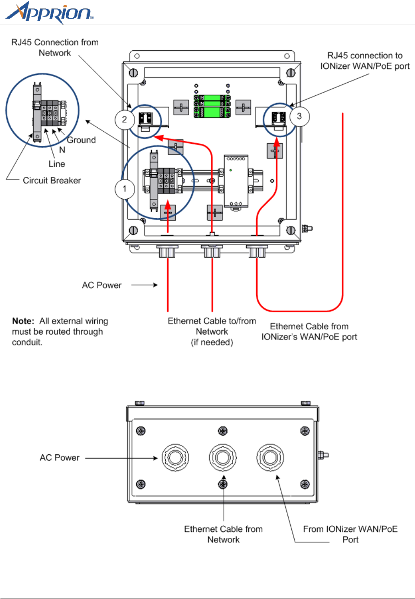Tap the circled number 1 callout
(x=125, y=189)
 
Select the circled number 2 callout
(x=125, y=120)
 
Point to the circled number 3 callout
(x=299, y=116)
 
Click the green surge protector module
(x=212, y=106)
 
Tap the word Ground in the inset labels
(x=81, y=140)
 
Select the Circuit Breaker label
(x=52, y=181)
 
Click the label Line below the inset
(x=57, y=164)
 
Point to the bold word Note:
(x=23, y=321)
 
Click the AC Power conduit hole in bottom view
(x=175, y=457)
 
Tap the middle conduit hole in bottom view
(x=222, y=457)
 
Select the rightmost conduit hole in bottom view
(x=270, y=457)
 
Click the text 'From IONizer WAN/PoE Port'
(x=351, y=534)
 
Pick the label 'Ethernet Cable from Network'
(x=223, y=534)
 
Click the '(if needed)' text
(x=212, y=342)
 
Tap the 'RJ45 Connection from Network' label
(x=55, y=48)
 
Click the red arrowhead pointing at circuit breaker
(x=168, y=205)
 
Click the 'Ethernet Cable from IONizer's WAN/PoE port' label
(x=309, y=332)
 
